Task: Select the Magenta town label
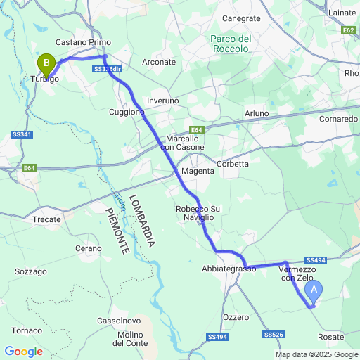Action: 196,172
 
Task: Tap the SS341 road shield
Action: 22,134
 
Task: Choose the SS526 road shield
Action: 274,335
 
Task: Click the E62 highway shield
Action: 349,30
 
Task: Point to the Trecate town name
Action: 47,219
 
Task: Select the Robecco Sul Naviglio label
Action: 198,214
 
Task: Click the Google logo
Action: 23,351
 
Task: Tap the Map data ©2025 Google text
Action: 318,354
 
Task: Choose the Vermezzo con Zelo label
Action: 296,274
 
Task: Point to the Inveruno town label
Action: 163,101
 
